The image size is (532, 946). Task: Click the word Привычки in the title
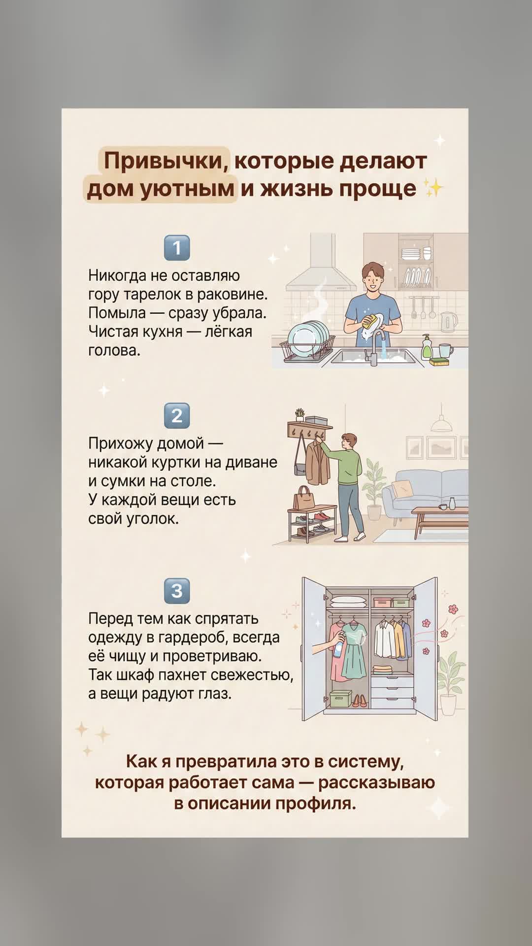coord(166,161)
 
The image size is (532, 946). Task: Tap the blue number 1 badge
coord(177,248)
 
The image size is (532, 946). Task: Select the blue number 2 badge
coord(177,416)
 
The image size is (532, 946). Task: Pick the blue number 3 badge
coord(177,591)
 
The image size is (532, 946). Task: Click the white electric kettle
coord(449,322)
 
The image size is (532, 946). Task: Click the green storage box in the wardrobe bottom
coord(340,699)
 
